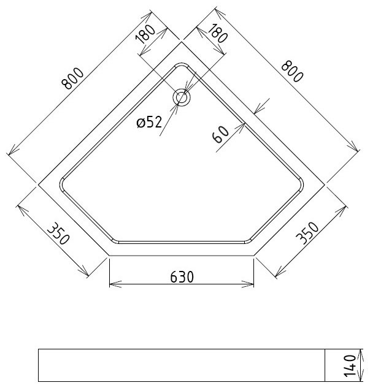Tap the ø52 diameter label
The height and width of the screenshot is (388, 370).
[149, 122]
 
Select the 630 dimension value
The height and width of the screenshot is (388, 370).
[182, 277]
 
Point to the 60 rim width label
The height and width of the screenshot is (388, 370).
[220, 134]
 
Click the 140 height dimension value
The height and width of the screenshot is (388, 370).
[350, 366]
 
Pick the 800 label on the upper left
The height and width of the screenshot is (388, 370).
[72, 78]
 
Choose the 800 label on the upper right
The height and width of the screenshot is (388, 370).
[292, 72]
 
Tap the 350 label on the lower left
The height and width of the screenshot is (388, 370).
[58, 234]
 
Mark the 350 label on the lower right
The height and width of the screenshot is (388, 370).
[307, 233]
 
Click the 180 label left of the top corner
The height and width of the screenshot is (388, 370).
[145, 34]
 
